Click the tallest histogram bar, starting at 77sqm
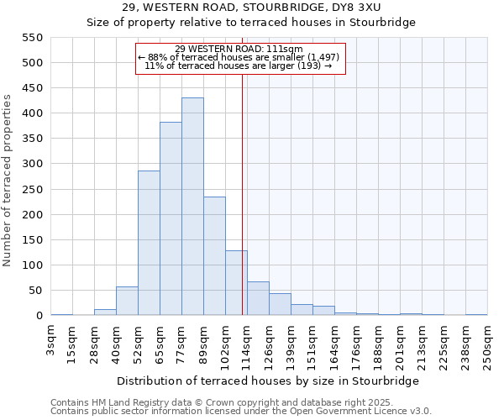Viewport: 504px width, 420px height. tap(192, 207)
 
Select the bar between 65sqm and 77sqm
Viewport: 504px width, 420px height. tap(171, 218)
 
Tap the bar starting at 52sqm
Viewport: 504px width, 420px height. tap(149, 243)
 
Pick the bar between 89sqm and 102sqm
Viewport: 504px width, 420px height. tap(214, 256)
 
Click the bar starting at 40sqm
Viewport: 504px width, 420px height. tap(127, 301)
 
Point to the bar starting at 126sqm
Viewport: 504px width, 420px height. tap(280, 304)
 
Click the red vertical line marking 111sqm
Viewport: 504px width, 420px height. tap(243, 193)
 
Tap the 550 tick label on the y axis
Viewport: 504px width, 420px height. tap(31, 38)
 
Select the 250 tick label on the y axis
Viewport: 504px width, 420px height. tap(31, 190)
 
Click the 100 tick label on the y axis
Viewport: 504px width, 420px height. tap(31, 265)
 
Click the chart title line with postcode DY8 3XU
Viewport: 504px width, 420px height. tap(252, 7)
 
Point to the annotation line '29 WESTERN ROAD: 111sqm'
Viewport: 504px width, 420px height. tap(239, 49)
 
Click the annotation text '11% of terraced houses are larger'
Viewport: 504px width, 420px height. tap(239, 66)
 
